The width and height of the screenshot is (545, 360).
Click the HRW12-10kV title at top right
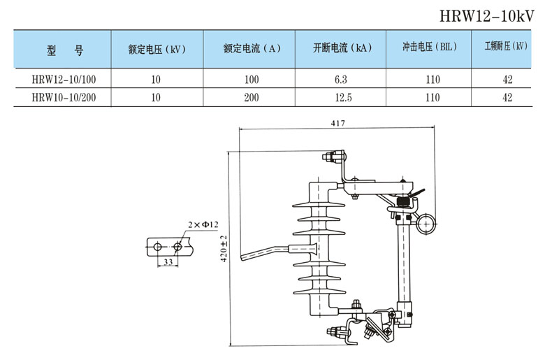coord(491,15)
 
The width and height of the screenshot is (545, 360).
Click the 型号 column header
coord(64,49)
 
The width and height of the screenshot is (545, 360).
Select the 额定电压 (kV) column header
coord(156,49)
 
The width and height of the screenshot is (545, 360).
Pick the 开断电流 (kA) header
coord(341,49)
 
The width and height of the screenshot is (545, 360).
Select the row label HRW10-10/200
coord(64,97)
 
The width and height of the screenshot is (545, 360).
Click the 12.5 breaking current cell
coord(341,97)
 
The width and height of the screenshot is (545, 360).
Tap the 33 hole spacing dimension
coord(168,261)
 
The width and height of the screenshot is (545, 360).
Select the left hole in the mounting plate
coord(157,246)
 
